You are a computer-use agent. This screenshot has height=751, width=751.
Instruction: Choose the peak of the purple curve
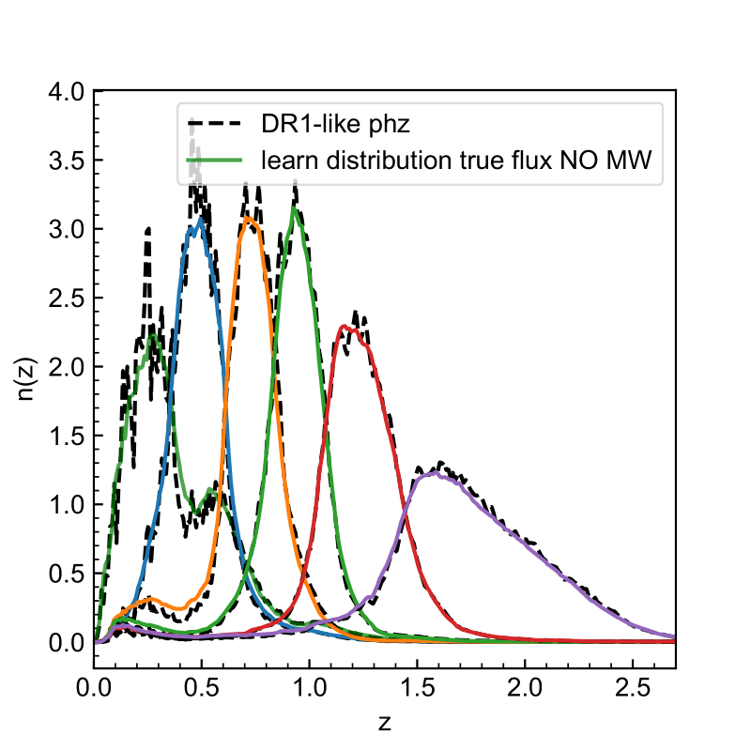[434, 473]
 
